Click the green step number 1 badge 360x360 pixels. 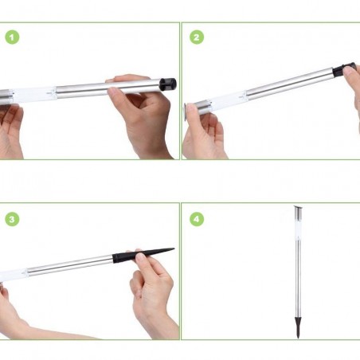[11, 37]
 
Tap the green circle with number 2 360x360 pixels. [196, 37]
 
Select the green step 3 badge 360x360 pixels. [11, 217]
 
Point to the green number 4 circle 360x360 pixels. [196, 217]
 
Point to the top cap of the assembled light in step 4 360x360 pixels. [297, 209]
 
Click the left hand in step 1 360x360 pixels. [10, 127]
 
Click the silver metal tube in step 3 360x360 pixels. [72, 264]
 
